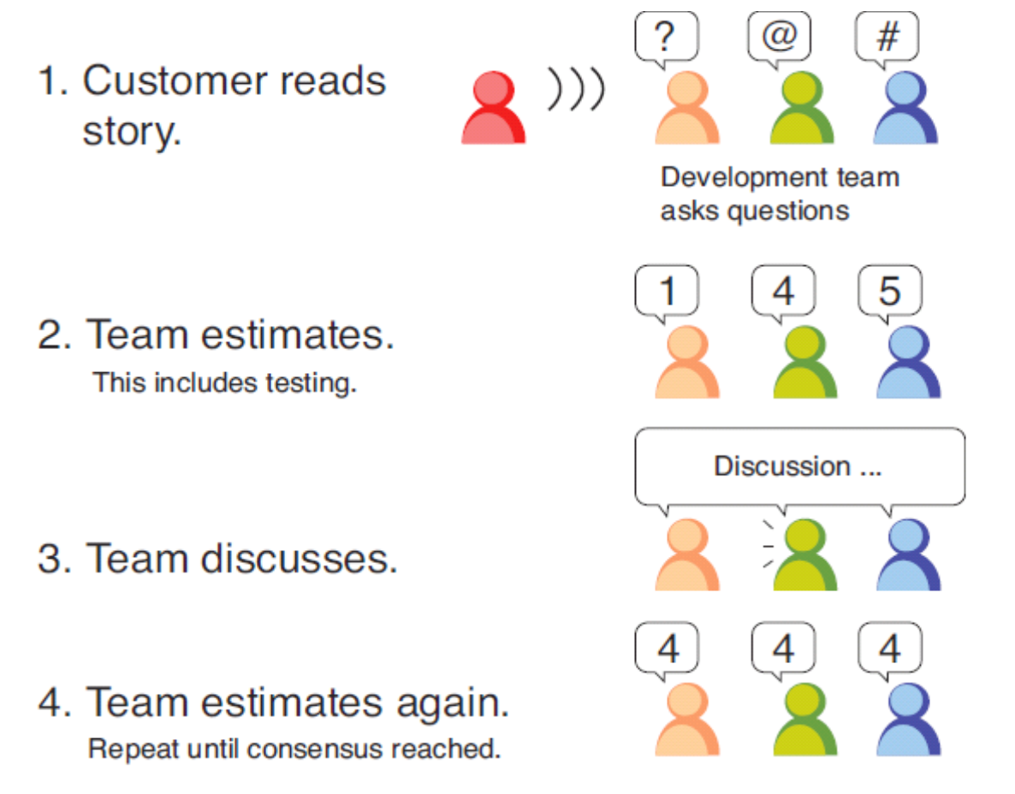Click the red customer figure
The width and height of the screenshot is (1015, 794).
(493, 109)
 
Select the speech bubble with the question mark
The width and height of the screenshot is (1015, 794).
(666, 37)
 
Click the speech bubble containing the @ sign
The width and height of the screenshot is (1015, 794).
(779, 37)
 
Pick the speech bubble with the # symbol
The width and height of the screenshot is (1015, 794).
(887, 37)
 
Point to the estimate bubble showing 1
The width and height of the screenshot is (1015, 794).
(667, 291)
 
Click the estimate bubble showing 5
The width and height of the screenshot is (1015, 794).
(889, 291)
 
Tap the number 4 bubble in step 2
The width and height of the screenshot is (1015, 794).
(782, 291)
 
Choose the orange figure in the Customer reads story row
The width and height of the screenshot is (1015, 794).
(686, 109)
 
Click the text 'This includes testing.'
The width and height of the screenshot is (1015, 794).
(224, 382)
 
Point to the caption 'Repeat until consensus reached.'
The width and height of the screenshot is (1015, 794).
(294, 750)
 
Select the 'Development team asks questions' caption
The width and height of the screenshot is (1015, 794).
(779, 194)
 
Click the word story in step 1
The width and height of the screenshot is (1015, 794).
(132, 133)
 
